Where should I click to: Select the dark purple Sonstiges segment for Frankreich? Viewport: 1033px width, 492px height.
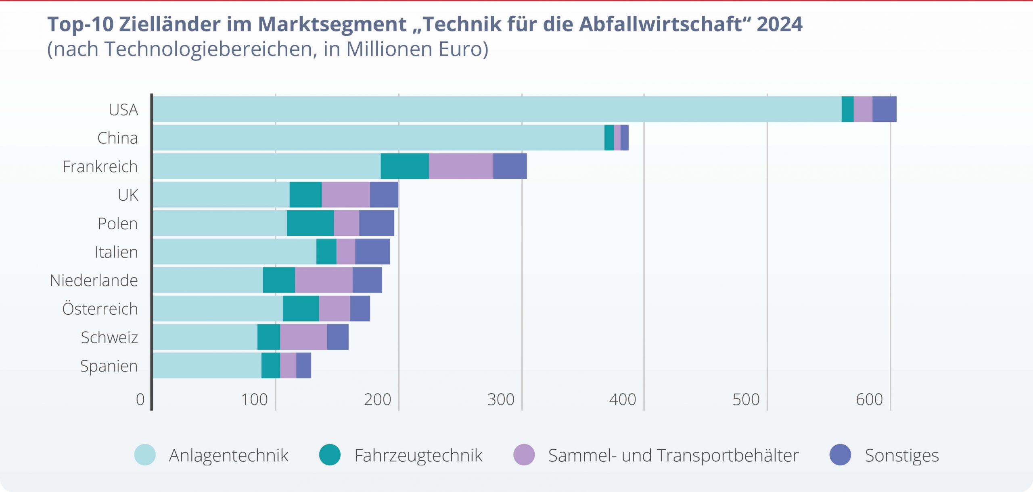tap(510, 166)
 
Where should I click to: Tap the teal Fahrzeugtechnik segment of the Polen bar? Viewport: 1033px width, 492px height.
tap(310, 223)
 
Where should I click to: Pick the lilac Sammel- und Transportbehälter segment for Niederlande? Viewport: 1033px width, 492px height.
tap(324, 280)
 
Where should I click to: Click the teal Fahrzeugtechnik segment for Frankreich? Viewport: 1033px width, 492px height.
tap(405, 166)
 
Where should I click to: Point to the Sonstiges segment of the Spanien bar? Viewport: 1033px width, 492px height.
tap(303, 365)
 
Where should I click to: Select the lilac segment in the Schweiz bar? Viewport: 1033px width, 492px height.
tap(303, 337)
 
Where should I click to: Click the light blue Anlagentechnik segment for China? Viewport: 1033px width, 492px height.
tap(378, 137)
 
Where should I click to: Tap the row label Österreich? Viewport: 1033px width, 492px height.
tap(100, 309)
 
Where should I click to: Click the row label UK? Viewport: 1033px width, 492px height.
tap(128, 195)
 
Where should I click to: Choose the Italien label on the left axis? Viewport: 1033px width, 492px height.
tap(116, 252)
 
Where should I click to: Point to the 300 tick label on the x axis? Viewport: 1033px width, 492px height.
tap(501, 399)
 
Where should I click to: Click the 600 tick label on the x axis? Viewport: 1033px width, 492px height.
tap(869, 399)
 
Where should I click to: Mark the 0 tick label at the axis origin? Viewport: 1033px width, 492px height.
tap(140, 399)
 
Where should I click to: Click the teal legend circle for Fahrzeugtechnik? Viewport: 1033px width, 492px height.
tap(330, 455)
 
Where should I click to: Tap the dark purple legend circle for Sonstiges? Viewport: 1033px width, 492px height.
tap(840, 455)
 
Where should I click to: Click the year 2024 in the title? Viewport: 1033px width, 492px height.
tap(780, 24)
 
